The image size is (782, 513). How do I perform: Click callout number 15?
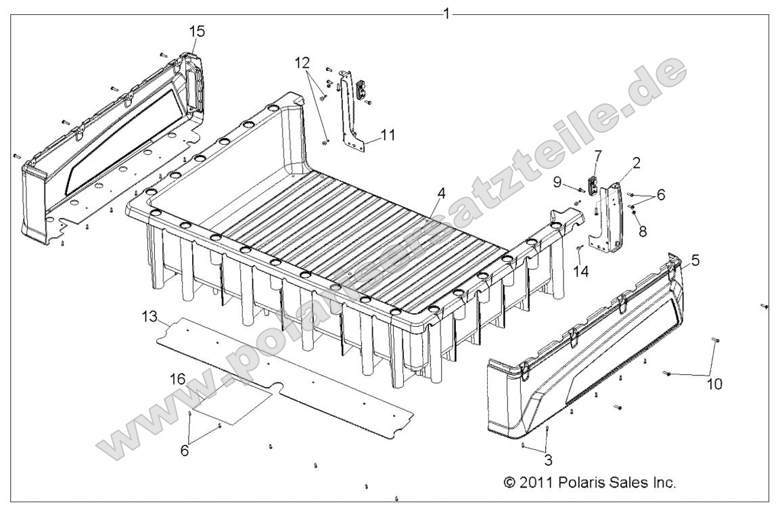pos(197,31)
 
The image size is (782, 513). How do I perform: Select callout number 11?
pos(388,135)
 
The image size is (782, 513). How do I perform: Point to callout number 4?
pos(441,192)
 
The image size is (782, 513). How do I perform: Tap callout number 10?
pos(714,384)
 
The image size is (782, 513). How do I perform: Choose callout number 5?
pos(696,259)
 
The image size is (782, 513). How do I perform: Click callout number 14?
pos(581,271)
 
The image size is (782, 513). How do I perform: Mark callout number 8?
pos(642,230)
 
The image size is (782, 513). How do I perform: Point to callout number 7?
pos(597,156)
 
